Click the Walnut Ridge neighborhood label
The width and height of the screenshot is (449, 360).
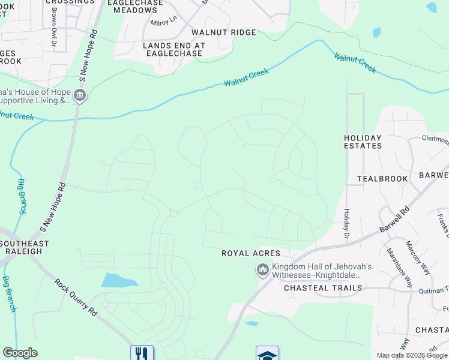coord(223,32)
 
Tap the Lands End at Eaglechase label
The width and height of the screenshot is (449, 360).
coord(174,49)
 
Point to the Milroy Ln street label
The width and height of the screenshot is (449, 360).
coord(164,22)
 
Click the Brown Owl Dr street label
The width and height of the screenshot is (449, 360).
coord(54,25)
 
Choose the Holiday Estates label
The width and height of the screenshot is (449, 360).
coord(363,142)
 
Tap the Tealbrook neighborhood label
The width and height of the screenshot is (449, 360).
coord(382,179)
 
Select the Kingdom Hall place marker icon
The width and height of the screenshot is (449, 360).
coord(262,271)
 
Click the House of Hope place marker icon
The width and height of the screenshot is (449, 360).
coord(80,95)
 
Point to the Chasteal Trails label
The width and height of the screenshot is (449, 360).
coord(323,288)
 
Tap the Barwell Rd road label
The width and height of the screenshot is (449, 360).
coord(395,221)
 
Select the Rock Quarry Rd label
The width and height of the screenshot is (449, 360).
coord(76,297)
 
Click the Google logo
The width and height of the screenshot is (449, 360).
coord(20,353)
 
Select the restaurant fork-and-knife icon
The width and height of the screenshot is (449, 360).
coord(142,353)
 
